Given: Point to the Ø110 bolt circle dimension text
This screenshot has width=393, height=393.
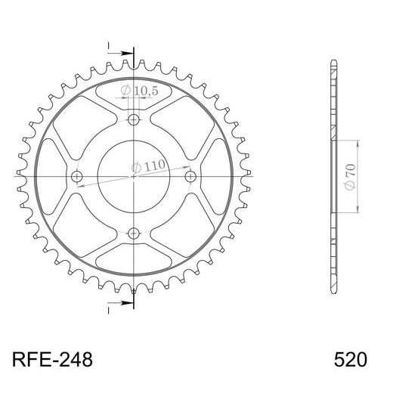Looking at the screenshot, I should [x=146, y=166].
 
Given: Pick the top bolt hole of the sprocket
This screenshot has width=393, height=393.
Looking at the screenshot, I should [x=134, y=120].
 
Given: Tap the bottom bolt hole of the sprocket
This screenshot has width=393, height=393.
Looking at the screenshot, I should [x=134, y=232].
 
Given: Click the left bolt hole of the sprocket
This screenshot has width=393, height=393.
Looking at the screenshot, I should [x=77, y=176].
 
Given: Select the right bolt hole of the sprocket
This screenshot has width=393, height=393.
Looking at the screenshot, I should [x=190, y=176].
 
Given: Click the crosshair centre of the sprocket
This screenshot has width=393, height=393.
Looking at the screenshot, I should [x=134, y=176].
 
